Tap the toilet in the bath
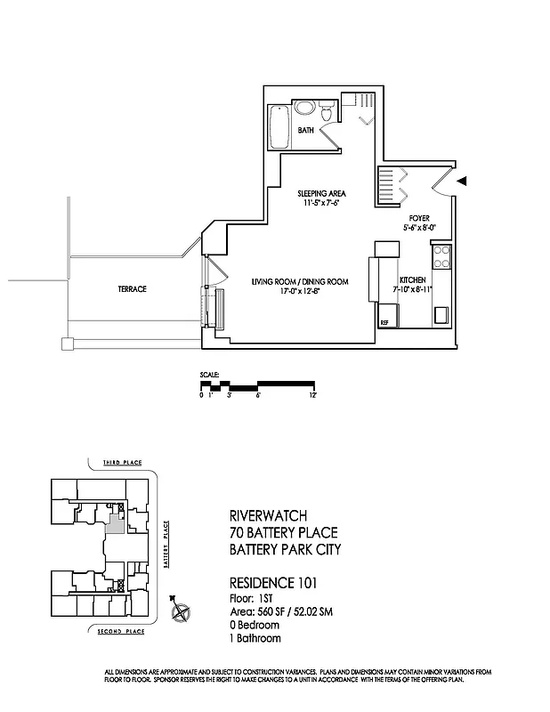pos(327,112)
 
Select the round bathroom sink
pos(305,109)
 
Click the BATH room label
pos(306,131)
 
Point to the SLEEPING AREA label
pos(321,193)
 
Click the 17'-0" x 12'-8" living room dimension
pos(298,290)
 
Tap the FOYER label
pos(419,218)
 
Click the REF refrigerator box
pos(385,322)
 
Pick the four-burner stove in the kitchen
pos(441,256)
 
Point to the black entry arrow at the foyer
pos(462,181)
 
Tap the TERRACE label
pos(131,289)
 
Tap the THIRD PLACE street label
pos(122,464)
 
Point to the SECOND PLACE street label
pos(121,631)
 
